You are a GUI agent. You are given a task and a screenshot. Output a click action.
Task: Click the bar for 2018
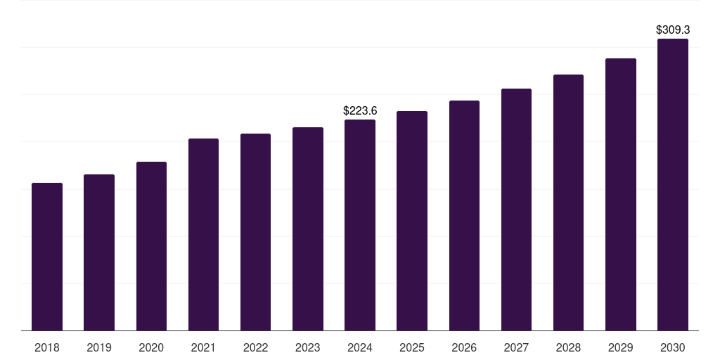47,257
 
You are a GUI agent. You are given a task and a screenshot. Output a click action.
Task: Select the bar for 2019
99,252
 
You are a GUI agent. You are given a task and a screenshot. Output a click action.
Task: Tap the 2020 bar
151,246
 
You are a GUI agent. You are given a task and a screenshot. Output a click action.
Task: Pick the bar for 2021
203,234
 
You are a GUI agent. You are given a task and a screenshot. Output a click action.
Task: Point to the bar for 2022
255,232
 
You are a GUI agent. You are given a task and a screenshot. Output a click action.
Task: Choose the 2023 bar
308,229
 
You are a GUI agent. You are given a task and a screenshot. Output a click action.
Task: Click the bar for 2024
360,225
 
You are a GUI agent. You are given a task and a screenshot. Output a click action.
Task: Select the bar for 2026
464,215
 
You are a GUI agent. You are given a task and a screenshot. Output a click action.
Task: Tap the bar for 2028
568,202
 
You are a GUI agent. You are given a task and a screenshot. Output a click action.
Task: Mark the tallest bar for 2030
673,184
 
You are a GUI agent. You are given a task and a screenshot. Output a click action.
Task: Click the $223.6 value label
360,110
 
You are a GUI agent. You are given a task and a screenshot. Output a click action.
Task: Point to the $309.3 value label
673,30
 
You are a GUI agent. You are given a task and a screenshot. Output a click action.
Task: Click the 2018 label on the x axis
47,348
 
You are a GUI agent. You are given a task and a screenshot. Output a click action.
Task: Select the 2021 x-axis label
203,348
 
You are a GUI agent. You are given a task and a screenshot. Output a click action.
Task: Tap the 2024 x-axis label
360,348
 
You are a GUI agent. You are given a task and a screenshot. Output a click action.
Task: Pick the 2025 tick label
412,348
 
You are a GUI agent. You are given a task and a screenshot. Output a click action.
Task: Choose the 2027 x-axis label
516,348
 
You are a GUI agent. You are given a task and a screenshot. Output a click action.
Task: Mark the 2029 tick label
621,348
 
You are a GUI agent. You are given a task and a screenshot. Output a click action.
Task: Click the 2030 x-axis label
673,348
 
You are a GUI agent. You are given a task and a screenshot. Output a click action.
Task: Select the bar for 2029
621,194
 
